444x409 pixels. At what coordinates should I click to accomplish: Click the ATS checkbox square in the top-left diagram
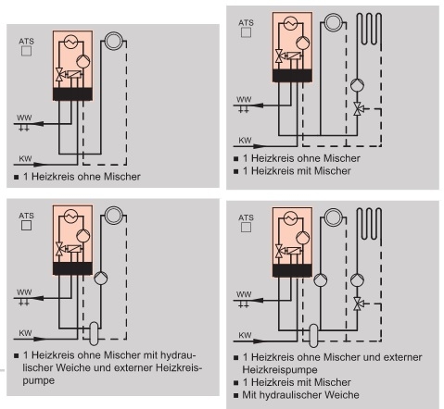click(x=26, y=51)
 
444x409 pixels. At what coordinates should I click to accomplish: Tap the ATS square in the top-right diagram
click(x=246, y=32)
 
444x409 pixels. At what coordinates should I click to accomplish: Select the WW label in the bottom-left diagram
click(x=24, y=291)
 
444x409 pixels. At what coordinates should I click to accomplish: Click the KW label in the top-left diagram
click(x=25, y=158)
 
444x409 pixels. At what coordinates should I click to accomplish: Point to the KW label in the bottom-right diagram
click(x=245, y=335)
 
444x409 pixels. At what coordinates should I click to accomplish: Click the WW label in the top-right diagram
click(x=244, y=99)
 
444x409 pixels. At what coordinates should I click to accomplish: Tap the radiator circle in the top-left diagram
click(x=114, y=41)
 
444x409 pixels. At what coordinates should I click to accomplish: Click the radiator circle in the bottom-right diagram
click(x=334, y=217)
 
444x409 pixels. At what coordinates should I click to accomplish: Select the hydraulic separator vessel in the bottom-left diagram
click(x=94, y=333)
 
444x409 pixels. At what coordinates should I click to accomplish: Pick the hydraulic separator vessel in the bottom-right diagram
click(x=313, y=336)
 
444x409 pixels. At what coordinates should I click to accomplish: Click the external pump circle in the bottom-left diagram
click(x=101, y=278)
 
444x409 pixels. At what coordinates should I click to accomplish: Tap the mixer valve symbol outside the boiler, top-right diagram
click(x=358, y=108)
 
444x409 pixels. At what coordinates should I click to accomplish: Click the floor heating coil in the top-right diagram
click(x=370, y=30)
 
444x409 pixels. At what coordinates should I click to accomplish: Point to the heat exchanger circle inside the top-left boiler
click(x=71, y=42)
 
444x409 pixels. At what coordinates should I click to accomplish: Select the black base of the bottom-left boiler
click(x=72, y=268)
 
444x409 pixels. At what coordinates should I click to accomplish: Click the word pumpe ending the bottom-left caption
click(x=38, y=380)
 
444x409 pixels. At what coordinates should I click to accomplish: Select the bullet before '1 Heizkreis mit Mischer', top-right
click(x=236, y=171)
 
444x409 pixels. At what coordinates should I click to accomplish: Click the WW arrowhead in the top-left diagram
click(x=38, y=124)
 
